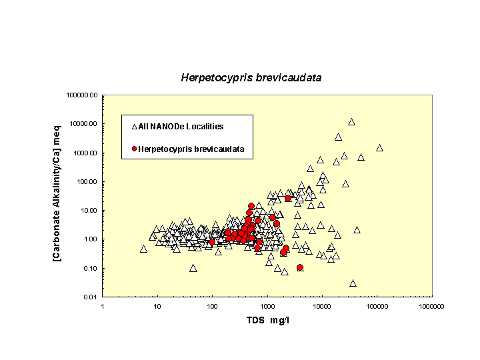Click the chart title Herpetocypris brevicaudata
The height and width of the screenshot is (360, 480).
(x=251, y=77)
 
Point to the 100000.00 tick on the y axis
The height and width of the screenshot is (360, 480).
(x=83, y=95)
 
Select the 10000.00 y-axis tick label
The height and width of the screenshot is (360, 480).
(x=84, y=124)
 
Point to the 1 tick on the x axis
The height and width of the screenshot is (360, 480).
(x=103, y=306)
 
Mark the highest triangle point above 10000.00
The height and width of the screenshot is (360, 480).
(x=351, y=122)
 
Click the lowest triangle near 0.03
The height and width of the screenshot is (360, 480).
(x=353, y=283)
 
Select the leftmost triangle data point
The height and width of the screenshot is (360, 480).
(x=143, y=249)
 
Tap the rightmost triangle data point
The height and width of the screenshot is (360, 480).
(x=379, y=148)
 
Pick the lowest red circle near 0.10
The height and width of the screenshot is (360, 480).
(x=300, y=267)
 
